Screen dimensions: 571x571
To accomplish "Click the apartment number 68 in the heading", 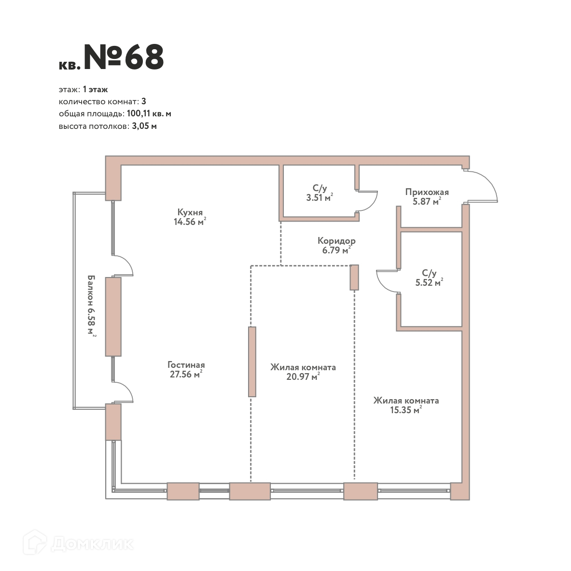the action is (144, 57).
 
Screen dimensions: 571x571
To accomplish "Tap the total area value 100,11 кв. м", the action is (149, 113).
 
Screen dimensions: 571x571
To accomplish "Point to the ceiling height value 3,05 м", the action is (144, 126).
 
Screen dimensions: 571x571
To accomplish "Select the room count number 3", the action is (144, 101).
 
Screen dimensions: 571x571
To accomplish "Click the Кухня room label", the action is (190, 212).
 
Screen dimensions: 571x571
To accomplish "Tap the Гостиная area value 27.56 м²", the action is (186, 374).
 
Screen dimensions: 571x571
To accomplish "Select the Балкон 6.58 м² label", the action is (91, 306).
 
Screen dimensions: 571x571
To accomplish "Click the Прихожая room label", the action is (427, 192).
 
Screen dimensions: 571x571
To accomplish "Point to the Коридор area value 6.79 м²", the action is (336, 250).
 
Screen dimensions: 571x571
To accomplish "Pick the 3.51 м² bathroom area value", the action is (320, 197).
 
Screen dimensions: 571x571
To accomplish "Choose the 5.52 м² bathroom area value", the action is (429, 282).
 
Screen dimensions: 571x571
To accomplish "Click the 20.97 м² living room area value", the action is (303, 376).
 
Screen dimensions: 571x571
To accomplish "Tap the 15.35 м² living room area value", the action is (406, 410).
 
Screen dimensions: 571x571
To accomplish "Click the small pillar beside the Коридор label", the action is (354, 278).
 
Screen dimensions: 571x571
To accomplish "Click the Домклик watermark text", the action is (92, 544).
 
